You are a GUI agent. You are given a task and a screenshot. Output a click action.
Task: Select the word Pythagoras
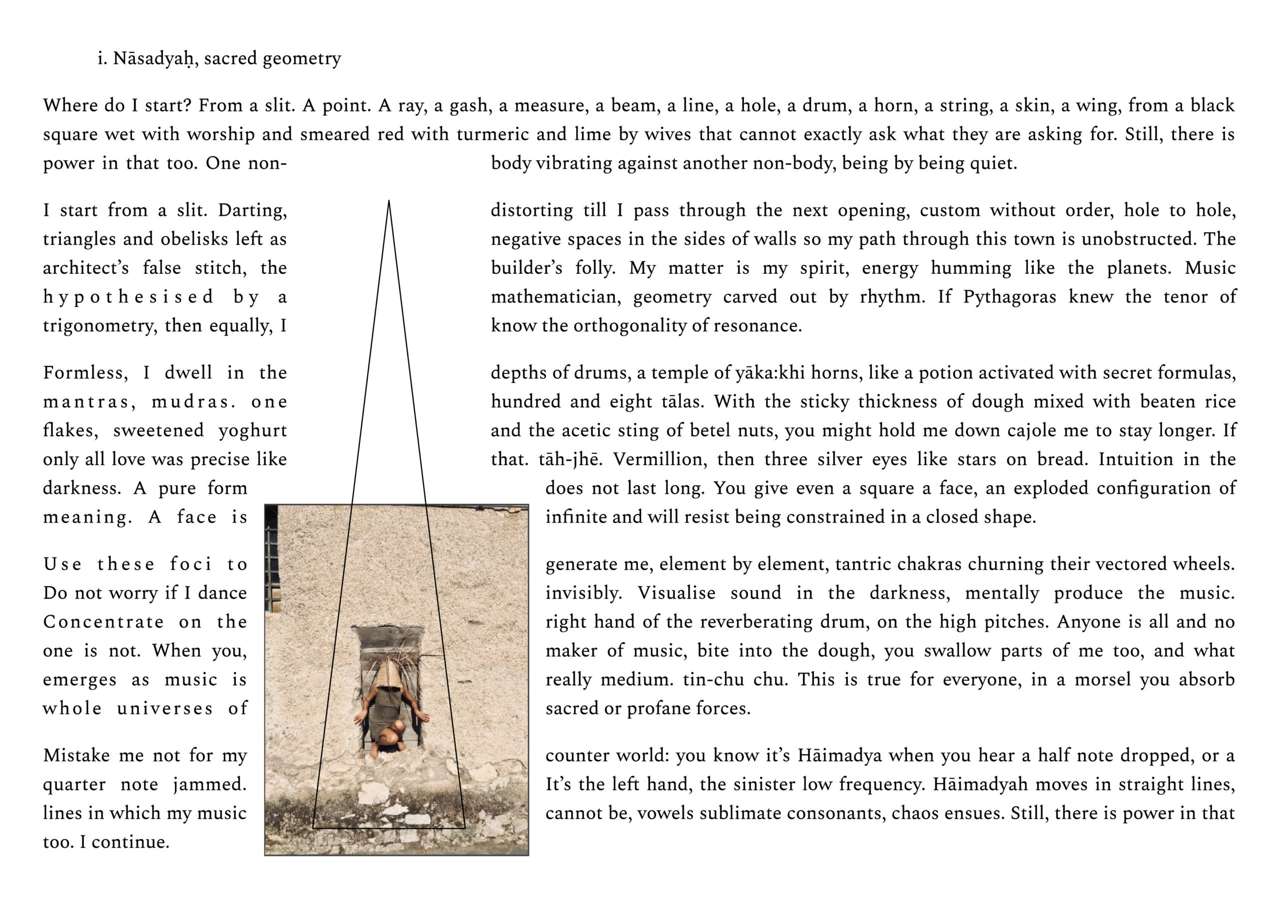click(1009, 297)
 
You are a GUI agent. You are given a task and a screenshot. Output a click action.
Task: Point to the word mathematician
click(556, 297)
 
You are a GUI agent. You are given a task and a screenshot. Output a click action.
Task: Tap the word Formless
click(85, 373)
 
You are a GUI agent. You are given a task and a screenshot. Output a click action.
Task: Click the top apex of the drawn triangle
click(389, 201)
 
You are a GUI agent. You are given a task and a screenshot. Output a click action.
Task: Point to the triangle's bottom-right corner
click(465, 828)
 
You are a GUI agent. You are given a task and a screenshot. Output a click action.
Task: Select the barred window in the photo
click(272, 557)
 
